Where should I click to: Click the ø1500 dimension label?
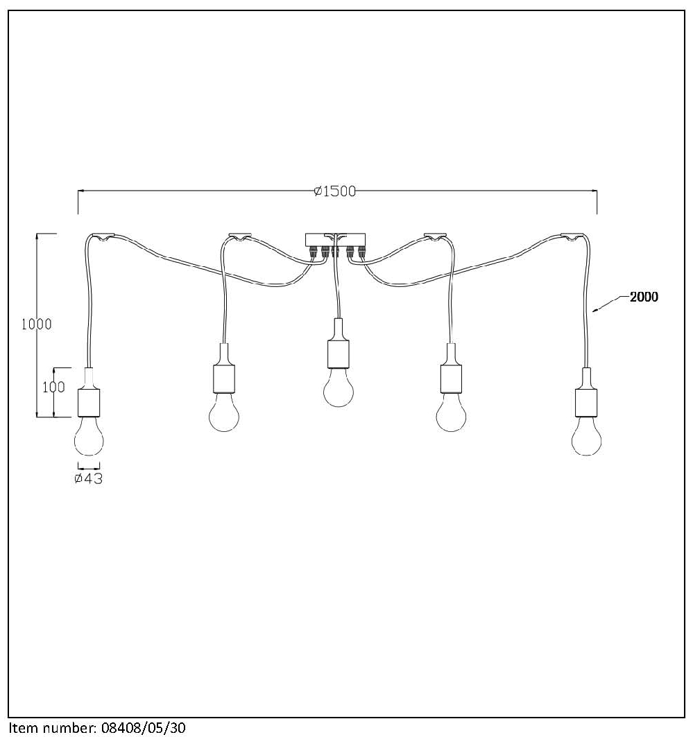[335, 191]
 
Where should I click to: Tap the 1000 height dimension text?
[37, 324]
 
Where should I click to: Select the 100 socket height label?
[54, 388]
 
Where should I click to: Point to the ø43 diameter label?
[89, 478]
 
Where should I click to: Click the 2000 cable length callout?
[644, 297]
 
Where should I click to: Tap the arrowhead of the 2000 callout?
[594, 310]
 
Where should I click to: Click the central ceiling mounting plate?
[335, 240]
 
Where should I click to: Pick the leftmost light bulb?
[89, 436]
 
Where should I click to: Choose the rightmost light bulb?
[586, 436]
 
